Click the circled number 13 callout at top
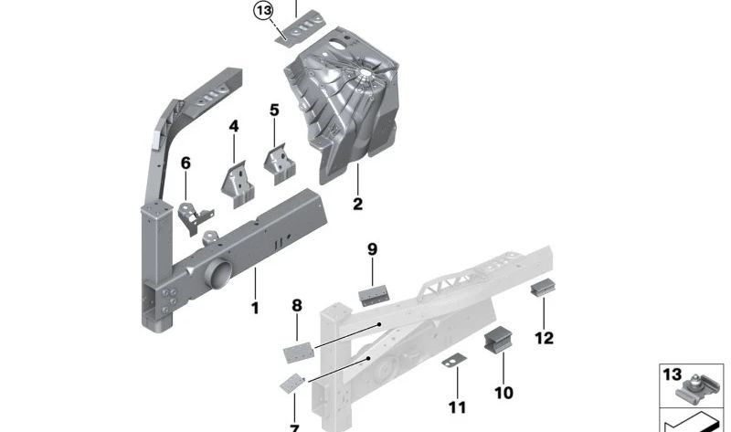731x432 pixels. tap(263, 11)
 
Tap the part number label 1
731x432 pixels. tap(255, 309)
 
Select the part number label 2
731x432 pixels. tap(357, 205)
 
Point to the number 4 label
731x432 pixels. tap(234, 126)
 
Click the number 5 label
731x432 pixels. tap(274, 111)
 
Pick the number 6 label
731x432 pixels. tap(185, 163)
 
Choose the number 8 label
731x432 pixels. tap(296, 305)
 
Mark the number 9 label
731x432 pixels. tap(372, 248)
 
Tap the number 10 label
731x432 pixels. tap(503, 392)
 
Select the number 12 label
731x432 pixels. tap(544, 338)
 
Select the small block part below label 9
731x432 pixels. tap(375, 294)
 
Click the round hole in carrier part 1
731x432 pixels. tap(220, 273)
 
